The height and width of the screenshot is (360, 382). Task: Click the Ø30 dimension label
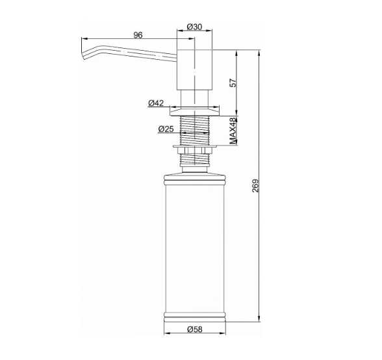click(x=194, y=27)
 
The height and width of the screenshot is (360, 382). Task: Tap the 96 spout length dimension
click(x=138, y=35)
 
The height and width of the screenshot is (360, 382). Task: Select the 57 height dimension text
click(x=233, y=83)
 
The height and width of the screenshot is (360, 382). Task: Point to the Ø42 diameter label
click(x=156, y=103)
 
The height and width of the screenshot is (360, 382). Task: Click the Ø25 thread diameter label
click(x=166, y=129)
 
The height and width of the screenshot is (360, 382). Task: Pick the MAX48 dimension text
click(x=233, y=131)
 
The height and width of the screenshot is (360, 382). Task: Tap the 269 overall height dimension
click(x=255, y=186)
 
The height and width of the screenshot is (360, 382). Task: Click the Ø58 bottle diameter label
click(x=195, y=329)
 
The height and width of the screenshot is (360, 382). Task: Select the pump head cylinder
click(x=195, y=70)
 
